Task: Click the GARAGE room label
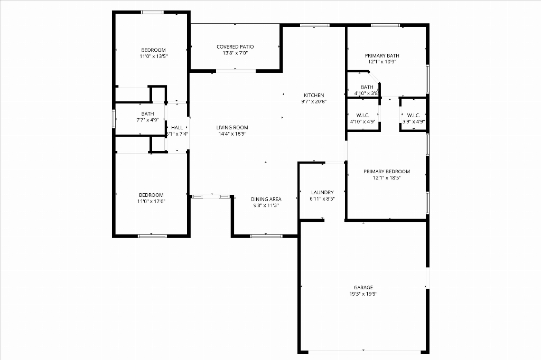[x=363, y=287]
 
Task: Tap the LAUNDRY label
[x=322, y=193]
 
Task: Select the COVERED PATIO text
[x=235, y=46]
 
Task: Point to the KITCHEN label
[x=314, y=95]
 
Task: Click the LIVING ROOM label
[x=232, y=127]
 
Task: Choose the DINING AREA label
[x=266, y=199]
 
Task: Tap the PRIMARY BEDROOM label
[x=387, y=172]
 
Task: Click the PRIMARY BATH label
[x=382, y=55]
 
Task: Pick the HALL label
[x=177, y=128]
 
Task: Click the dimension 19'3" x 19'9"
[x=363, y=294]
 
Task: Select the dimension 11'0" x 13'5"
[x=154, y=56]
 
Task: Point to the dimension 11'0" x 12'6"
[x=151, y=202]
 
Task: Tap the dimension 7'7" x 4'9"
[x=147, y=120]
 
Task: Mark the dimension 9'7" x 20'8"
[x=314, y=101]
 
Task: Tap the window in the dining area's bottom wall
[x=266, y=236]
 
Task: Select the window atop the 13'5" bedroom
[x=152, y=13]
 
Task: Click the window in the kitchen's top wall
[x=314, y=25]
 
